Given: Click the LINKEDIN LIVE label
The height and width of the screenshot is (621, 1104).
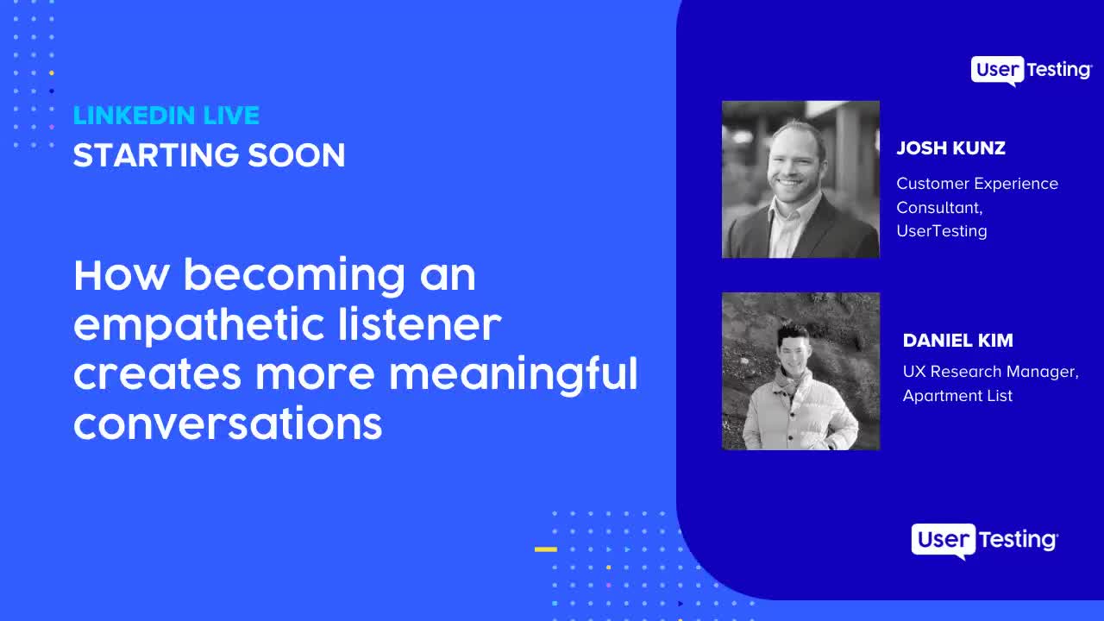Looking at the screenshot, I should pyautogui.click(x=166, y=116).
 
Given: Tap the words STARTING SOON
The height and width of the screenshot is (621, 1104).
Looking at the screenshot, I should pyautogui.click(x=209, y=155).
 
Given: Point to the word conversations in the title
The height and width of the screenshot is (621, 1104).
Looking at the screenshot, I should pyautogui.click(x=228, y=423).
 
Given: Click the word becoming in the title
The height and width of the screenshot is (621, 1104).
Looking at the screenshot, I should pyautogui.click(x=294, y=276).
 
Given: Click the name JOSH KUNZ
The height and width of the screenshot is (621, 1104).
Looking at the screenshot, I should pyautogui.click(x=950, y=148).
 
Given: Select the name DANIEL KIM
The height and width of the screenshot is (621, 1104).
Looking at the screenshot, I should pyautogui.click(x=957, y=341).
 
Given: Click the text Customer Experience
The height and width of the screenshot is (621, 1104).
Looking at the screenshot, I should pyautogui.click(x=976, y=184).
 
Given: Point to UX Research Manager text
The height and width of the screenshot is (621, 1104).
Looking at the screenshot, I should pyautogui.click(x=990, y=372).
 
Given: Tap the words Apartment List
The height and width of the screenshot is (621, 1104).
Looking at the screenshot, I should pyautogui.click(x=957, y=396).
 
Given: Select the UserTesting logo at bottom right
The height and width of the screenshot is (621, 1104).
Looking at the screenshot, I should pyautogui.click(x=984, y=540).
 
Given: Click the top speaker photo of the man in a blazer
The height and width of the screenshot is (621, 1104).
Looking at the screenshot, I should pyautogui.click(x=800, y=179).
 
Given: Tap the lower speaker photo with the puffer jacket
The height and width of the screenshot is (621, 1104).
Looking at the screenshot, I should pyautogui.click(x=800, y=371).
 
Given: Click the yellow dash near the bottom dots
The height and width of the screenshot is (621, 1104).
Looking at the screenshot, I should pyautogui.click(x=545, y=549).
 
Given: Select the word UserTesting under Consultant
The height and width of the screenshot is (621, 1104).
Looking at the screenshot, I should pyautogui.click(x=941, y=231).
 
